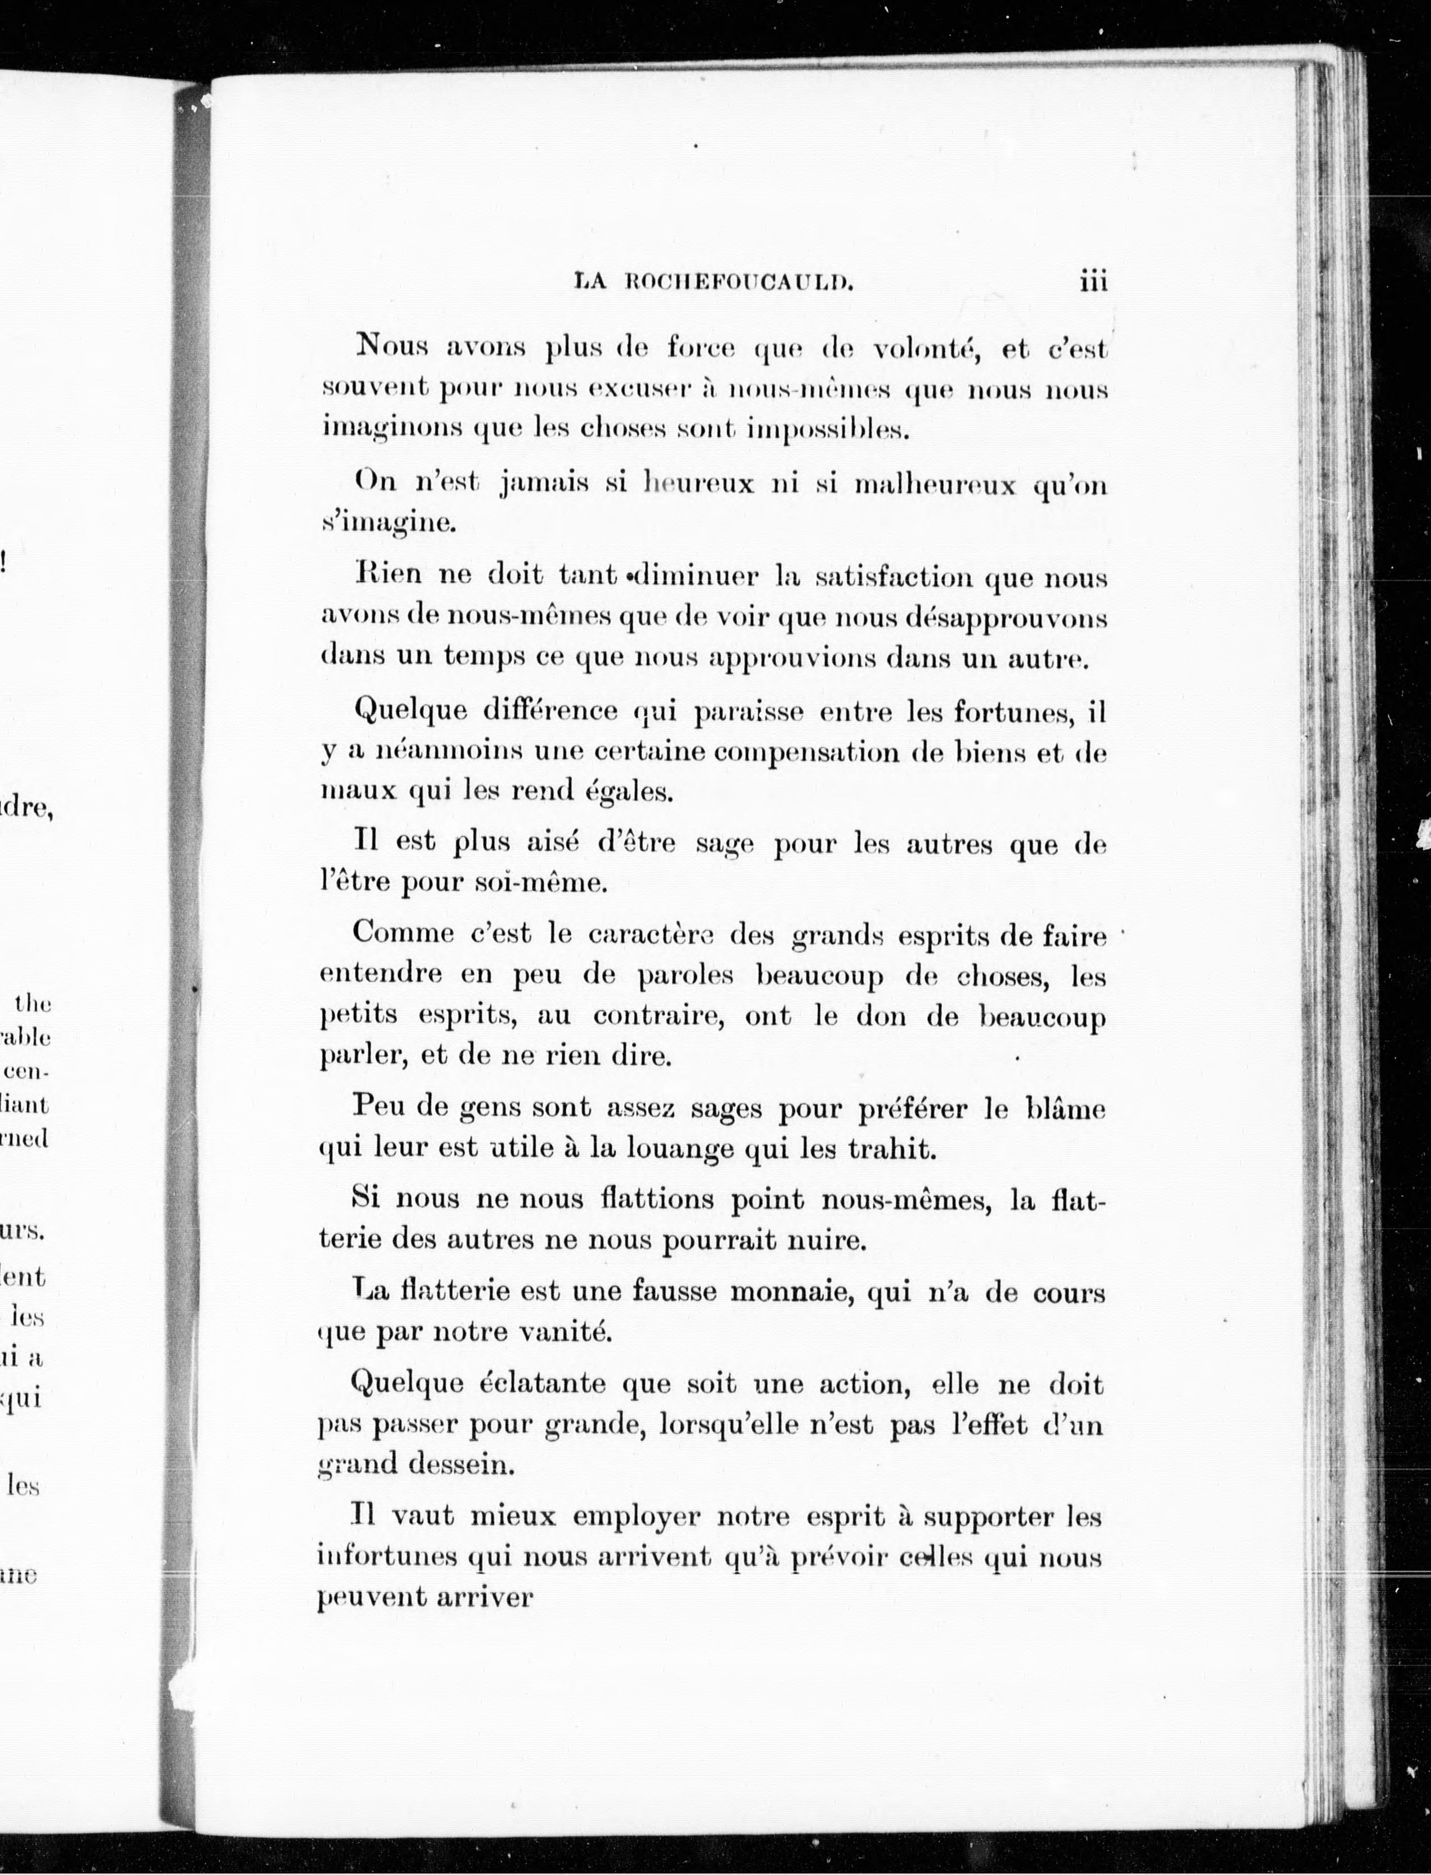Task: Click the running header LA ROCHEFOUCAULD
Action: [714, 282]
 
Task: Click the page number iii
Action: [1093, 281]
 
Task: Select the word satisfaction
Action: [892, 577]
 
